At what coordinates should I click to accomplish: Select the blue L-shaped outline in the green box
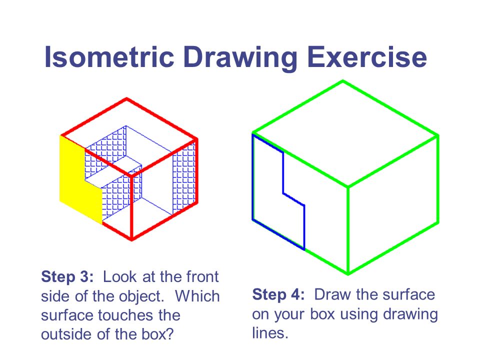(283, 172)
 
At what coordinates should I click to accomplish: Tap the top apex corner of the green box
(342, 81)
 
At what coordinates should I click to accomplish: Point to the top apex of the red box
(127, 99)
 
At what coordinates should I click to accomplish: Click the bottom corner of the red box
(131, 239)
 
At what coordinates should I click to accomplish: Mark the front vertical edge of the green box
(348, 230)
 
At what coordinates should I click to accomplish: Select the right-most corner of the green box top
(438, 135)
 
